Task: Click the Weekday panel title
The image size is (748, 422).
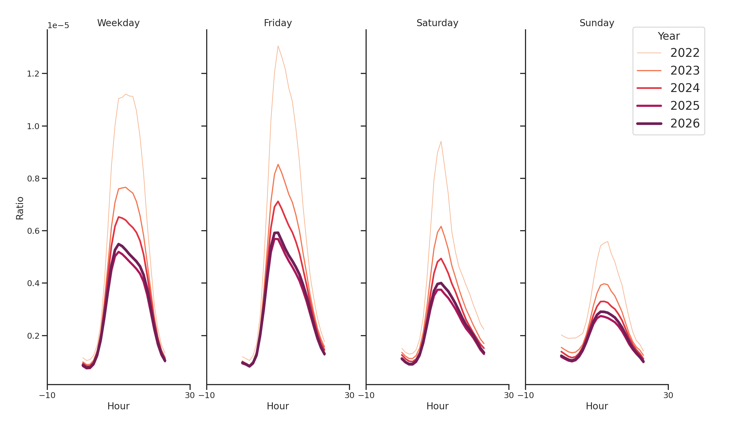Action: point(118,23)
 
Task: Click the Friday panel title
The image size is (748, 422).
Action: point(278,23)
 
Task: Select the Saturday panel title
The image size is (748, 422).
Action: point(437,23)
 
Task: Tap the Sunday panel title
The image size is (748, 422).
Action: point(596,23)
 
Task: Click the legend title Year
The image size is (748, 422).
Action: point(668,36)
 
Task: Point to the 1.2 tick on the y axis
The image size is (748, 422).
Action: point(33,74)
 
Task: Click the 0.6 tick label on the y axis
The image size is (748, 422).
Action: point(33,231)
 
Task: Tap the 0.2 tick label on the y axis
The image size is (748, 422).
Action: point(33,336)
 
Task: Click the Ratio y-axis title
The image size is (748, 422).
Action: point(20,208)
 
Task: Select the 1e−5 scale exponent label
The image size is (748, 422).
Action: point(58,26)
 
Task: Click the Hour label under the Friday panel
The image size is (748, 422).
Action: point(278,406)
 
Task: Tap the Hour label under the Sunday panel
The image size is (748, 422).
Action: point(596,406)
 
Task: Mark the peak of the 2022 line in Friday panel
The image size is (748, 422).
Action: point(278,46)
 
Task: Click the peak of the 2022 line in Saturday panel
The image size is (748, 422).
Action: point(441,142)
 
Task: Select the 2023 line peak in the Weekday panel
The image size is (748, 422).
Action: point(125,187)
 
